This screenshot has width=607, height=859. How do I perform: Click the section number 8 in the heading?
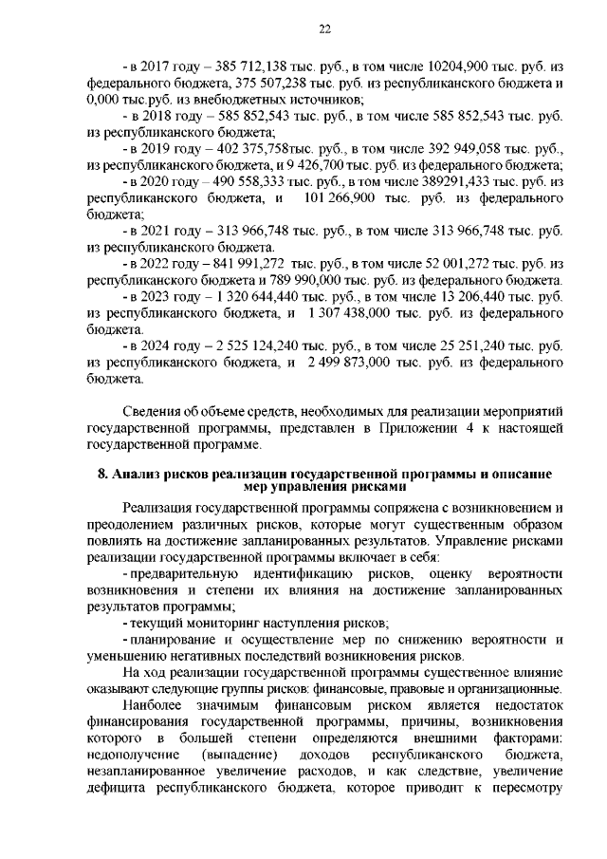102,474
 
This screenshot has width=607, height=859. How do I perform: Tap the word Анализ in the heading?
137,474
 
